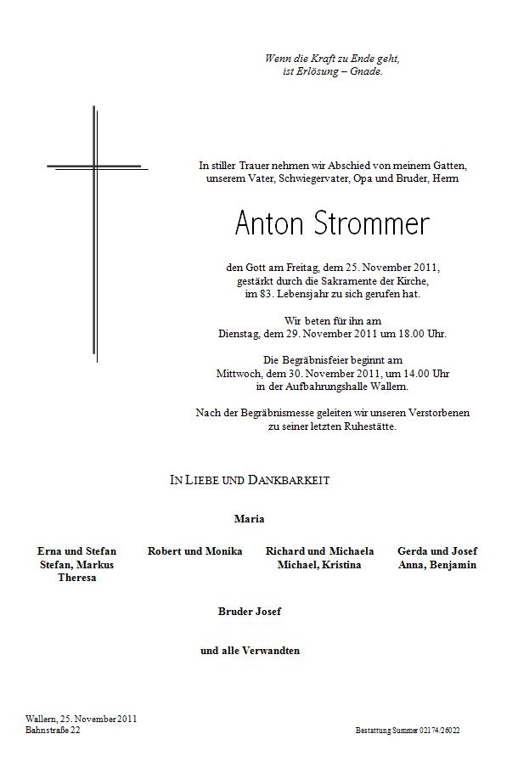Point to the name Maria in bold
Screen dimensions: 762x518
249,518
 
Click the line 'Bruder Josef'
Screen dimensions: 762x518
249,611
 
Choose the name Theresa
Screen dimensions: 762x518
77,578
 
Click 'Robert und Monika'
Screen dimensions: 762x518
194,551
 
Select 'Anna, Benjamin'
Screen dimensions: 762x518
436,565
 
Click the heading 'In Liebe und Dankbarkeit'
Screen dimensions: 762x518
250,481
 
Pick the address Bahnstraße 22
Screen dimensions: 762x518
53,731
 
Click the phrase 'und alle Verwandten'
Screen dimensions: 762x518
250,652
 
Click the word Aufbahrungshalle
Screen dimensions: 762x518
318,387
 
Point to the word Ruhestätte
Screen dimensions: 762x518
366,426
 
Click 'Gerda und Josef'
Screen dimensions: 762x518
436,551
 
